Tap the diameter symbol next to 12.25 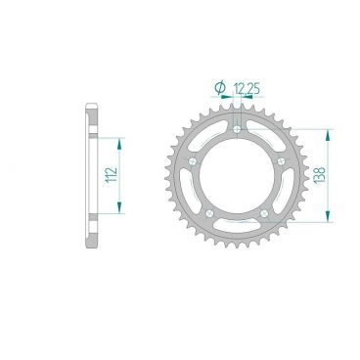click(x=217, y=87)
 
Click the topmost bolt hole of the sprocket click(x=237, y=128)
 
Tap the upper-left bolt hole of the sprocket click(x=194, y=160)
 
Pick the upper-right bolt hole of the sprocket click(x=281, y=160)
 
